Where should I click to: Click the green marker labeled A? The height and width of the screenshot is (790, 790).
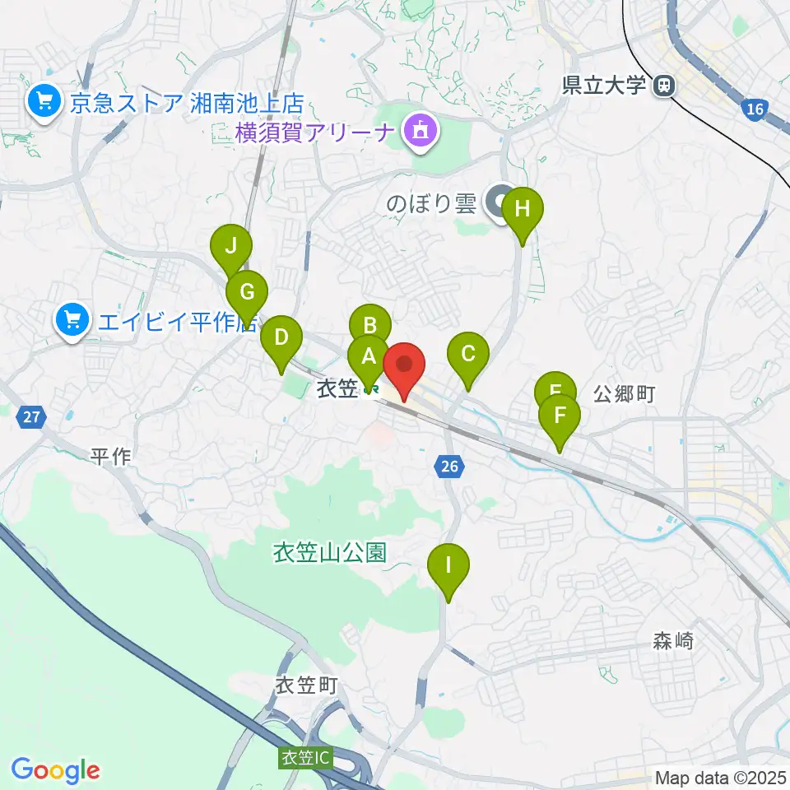click(367, 356)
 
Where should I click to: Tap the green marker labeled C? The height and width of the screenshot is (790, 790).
click(468, 354)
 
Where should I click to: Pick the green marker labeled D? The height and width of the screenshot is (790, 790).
click(281, 337)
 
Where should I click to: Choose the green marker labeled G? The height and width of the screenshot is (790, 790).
click(247, 290)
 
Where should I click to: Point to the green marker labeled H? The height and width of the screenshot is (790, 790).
click(523, 209)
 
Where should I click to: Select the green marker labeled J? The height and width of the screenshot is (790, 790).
click(231, 245)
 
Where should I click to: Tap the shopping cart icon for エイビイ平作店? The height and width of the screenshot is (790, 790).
click(73, 319)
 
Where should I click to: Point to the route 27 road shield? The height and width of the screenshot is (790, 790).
click(30, 417)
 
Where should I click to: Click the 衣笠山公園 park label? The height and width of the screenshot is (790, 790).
click(330, 552)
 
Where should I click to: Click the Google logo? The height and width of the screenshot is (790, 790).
click(56, 771)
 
